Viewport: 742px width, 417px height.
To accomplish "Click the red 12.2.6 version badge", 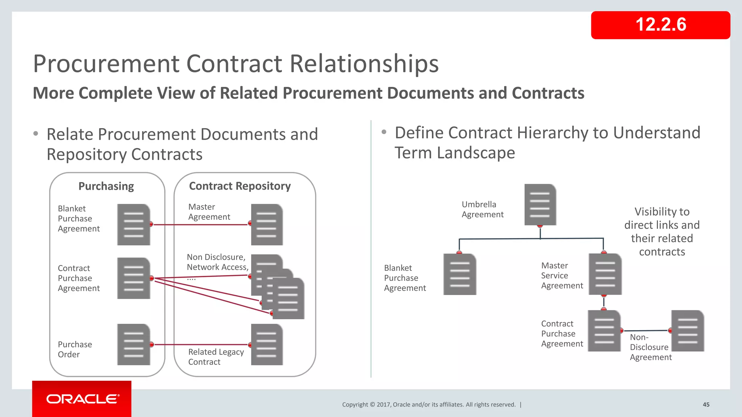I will point(660,25).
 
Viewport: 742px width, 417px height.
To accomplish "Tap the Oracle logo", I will point(82,399).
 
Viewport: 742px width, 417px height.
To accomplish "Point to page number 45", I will point(706,405).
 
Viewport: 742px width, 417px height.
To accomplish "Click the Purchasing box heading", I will point(106,186).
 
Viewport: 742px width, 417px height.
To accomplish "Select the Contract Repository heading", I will point(240,186).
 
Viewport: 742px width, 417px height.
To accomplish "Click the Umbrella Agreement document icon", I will point(540,205).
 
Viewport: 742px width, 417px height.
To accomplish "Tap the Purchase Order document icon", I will point(133,345).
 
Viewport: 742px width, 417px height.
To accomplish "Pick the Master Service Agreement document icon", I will point(605,274).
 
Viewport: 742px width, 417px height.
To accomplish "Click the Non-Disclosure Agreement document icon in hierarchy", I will point(687,330).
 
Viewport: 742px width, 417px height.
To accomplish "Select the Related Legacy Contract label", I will point(216,357).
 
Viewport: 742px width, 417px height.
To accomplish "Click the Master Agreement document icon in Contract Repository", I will point(267,224).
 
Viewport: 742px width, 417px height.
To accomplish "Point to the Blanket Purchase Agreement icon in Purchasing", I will point(133,224).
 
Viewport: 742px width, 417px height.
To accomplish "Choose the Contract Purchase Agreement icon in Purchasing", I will point(133,278).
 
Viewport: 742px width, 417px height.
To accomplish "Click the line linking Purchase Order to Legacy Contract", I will point(201,345).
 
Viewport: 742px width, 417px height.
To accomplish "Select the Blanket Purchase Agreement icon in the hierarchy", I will point(459,274).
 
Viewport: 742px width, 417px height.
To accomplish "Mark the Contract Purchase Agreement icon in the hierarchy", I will point(604,330).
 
